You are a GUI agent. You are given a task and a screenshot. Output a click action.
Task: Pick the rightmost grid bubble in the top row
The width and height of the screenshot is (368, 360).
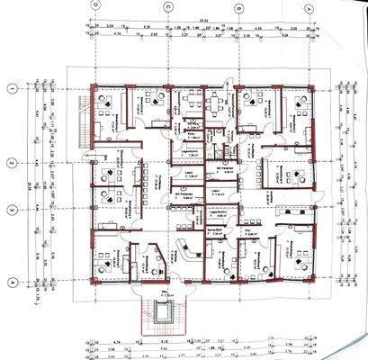click(309, 6)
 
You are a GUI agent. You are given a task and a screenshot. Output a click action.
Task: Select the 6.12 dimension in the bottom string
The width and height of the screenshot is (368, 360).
click(139, 342)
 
